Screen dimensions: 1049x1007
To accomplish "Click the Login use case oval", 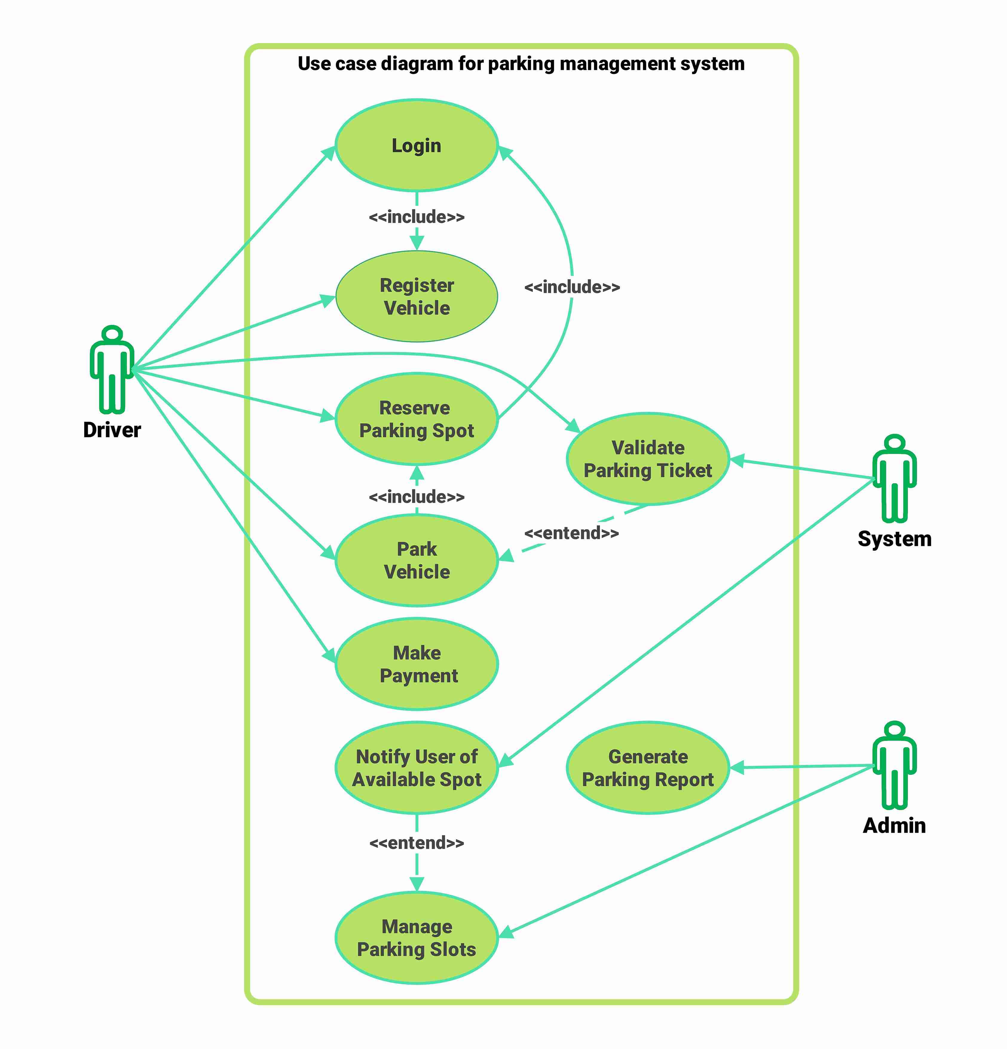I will click(x=417, y=146).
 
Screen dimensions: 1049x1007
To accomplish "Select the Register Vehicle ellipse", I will click(x=417, y=296).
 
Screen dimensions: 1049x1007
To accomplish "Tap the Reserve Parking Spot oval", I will click(x=417, y=419).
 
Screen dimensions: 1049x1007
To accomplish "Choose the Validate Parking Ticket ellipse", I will click(x=648, y=459).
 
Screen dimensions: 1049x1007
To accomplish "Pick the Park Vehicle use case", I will click(x=417, y=560).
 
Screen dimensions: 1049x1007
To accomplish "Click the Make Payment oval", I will click(x=417, y=664).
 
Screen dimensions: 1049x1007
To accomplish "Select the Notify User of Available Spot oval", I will click(x=417, y=768).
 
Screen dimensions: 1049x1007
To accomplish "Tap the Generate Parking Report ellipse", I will click(x=648, y=768).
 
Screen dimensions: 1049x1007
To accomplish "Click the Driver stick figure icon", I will click(x=112, y=369).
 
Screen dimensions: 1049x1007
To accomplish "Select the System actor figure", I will click(x=894, y=479).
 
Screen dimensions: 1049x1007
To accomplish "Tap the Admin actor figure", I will click(x=894, y=765).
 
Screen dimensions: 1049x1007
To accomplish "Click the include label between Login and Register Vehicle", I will click(x=417, y=217).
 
